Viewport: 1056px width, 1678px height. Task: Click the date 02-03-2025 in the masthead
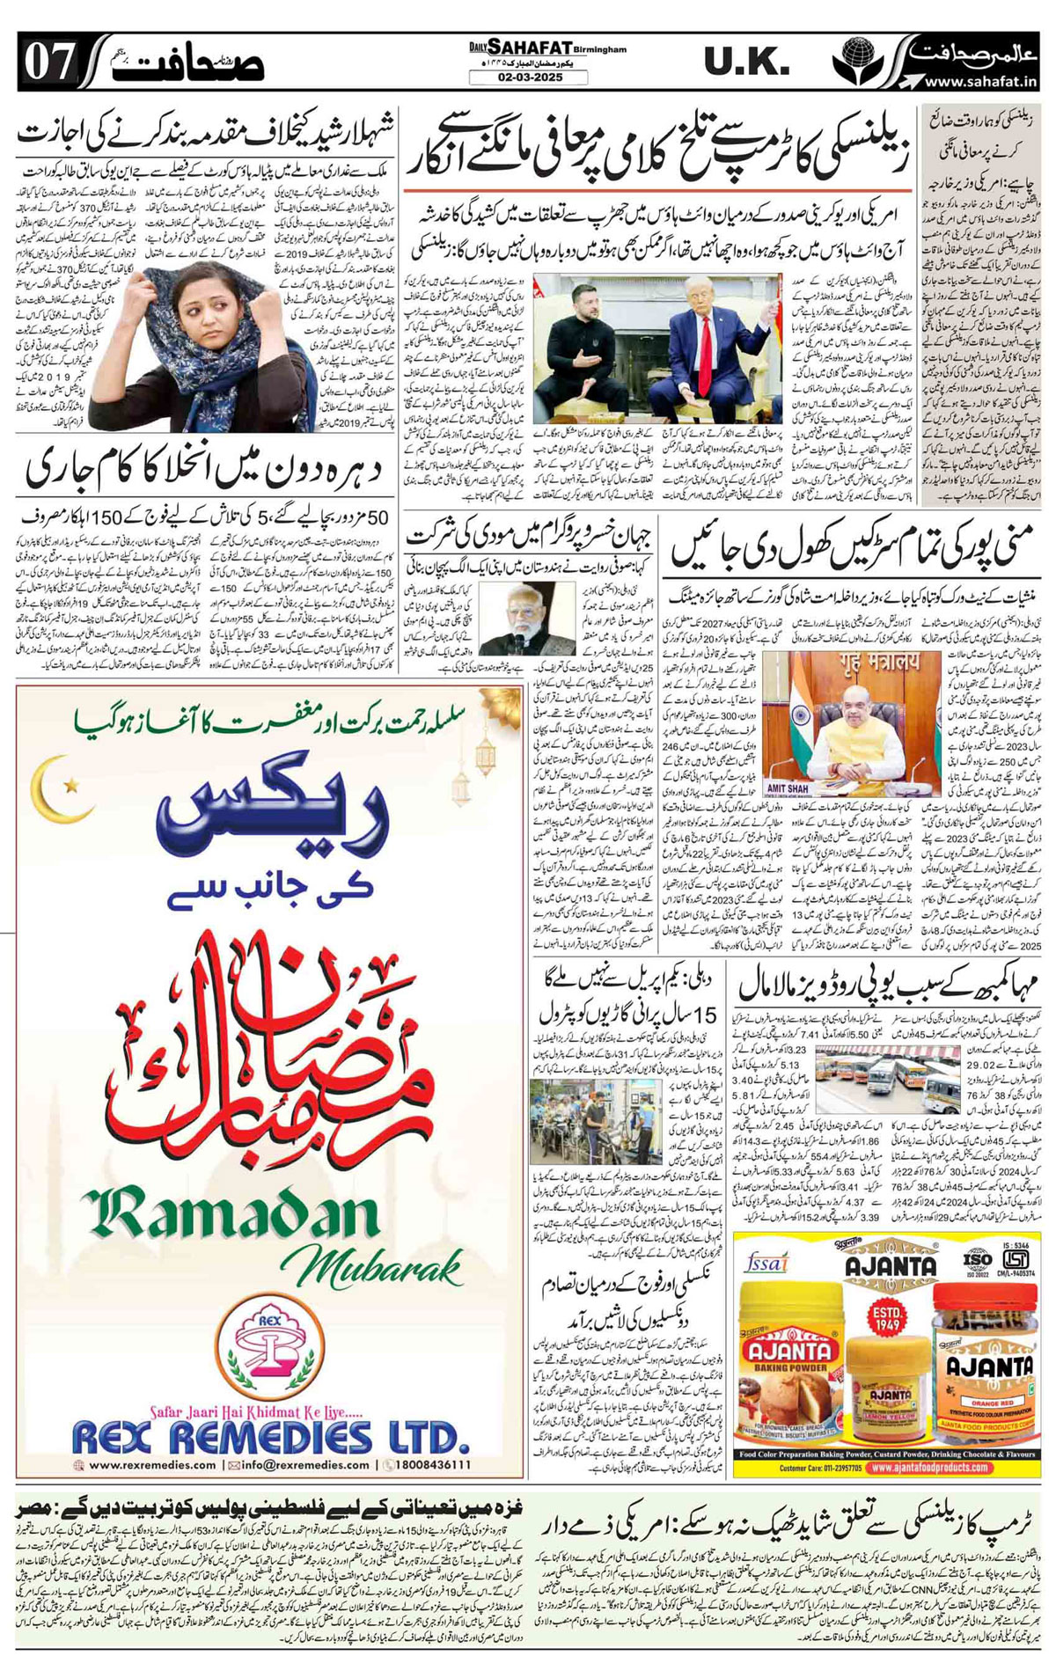528,77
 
